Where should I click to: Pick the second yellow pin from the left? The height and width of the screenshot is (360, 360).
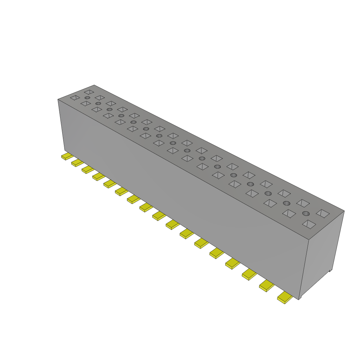(x=77, y=163)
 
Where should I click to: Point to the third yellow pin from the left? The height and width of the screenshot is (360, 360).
(x=87, y=169)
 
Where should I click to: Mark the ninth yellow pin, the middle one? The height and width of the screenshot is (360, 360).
(x=159, y=216)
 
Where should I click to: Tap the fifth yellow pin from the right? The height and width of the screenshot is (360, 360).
(x=217, y=253)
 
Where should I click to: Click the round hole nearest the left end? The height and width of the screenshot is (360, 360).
(x=87, y=97)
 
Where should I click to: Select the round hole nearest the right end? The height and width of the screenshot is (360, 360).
(x=306, y=213)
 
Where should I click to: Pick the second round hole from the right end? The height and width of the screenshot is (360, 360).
(x=287, y=203)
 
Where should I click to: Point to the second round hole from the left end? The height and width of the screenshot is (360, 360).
(x=98, y=104)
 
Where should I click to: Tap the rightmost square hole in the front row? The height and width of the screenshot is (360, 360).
(x=309, y=224)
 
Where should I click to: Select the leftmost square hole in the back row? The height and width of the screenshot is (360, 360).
(x=89, y=92)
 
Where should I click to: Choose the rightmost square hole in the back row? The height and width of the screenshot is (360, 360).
(x=322, y=213)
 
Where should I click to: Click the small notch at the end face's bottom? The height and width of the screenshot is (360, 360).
(x=330, y=270)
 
